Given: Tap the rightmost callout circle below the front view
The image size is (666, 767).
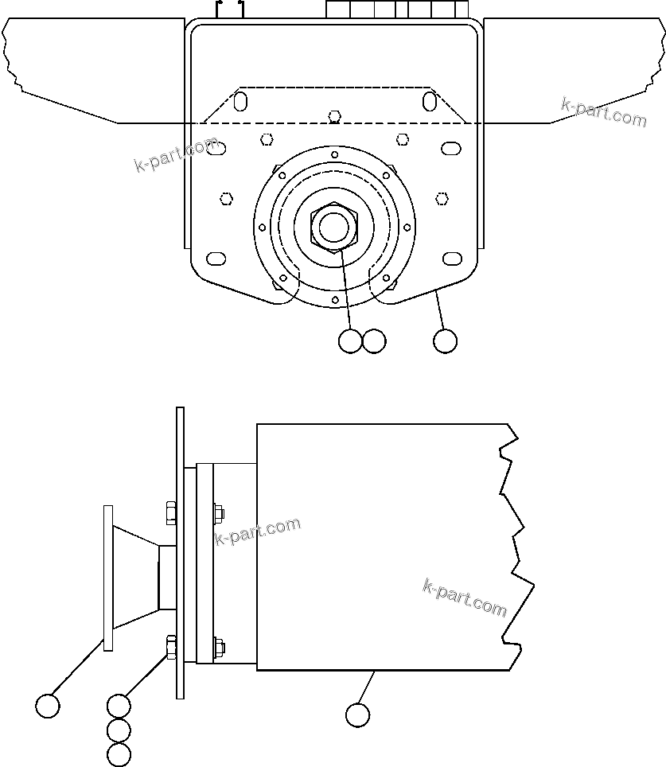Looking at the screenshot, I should [446, 341].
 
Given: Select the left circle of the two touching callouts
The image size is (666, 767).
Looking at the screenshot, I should [350, 341].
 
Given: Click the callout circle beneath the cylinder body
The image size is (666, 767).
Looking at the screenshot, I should [358, 714].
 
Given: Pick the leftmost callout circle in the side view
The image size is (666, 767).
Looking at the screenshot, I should [49, 706].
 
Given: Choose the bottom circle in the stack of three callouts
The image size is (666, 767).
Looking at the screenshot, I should [119, 754].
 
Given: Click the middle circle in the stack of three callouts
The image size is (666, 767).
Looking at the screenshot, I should [119, 730].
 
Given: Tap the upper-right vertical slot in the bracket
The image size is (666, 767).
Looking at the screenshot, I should [429, 102].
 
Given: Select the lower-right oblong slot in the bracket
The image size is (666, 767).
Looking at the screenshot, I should [452, 259].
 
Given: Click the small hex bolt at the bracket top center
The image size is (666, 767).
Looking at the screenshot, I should [335, 116].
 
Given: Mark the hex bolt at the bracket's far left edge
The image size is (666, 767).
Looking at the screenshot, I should [226, 197].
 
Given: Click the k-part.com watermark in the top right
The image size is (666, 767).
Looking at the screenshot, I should [604, 112].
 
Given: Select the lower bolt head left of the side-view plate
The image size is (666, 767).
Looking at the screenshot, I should [169, 647].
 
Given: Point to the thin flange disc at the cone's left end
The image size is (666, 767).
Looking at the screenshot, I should [107, 577].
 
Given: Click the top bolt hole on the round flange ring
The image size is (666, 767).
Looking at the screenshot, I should [335, 154].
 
